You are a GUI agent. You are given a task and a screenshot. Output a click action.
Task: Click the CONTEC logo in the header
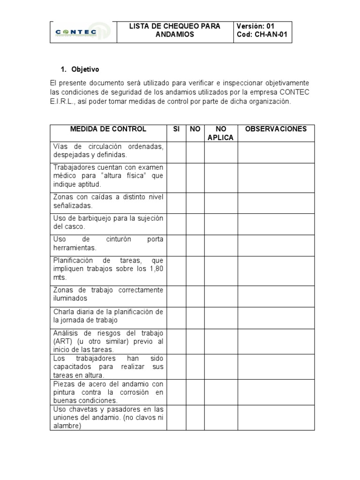(82, 32)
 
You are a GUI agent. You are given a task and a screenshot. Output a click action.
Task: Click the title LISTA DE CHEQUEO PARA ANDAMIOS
(175, 30)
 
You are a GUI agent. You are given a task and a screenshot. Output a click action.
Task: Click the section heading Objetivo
(85, 69)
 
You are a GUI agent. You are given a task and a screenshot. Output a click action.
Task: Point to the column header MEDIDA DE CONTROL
(108, 129)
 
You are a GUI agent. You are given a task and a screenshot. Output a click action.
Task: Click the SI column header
(176, 129)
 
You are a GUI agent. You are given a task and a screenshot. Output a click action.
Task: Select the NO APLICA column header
(221, 133)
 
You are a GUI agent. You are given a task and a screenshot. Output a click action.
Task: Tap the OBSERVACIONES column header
(276, 129)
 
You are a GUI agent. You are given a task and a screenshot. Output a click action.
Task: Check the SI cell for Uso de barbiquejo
(176, 224)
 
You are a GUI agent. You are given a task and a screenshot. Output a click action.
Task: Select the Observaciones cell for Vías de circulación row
(276, 151)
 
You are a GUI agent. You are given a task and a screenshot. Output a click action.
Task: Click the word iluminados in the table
(70, 298)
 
